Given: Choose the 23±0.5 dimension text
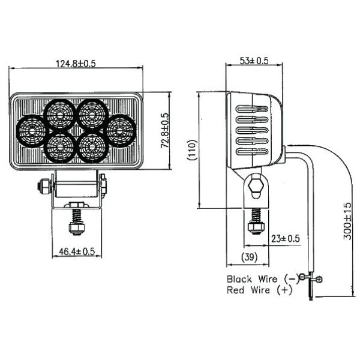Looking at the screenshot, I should coord(284,238).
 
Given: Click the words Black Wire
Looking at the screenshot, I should coord(251,278).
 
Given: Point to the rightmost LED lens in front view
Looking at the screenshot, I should coord(119,128).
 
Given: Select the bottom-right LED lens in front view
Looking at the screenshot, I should coord(91,146).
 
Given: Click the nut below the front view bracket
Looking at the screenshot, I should coord(76,228).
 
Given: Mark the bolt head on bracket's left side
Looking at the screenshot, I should coord(43,187).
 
